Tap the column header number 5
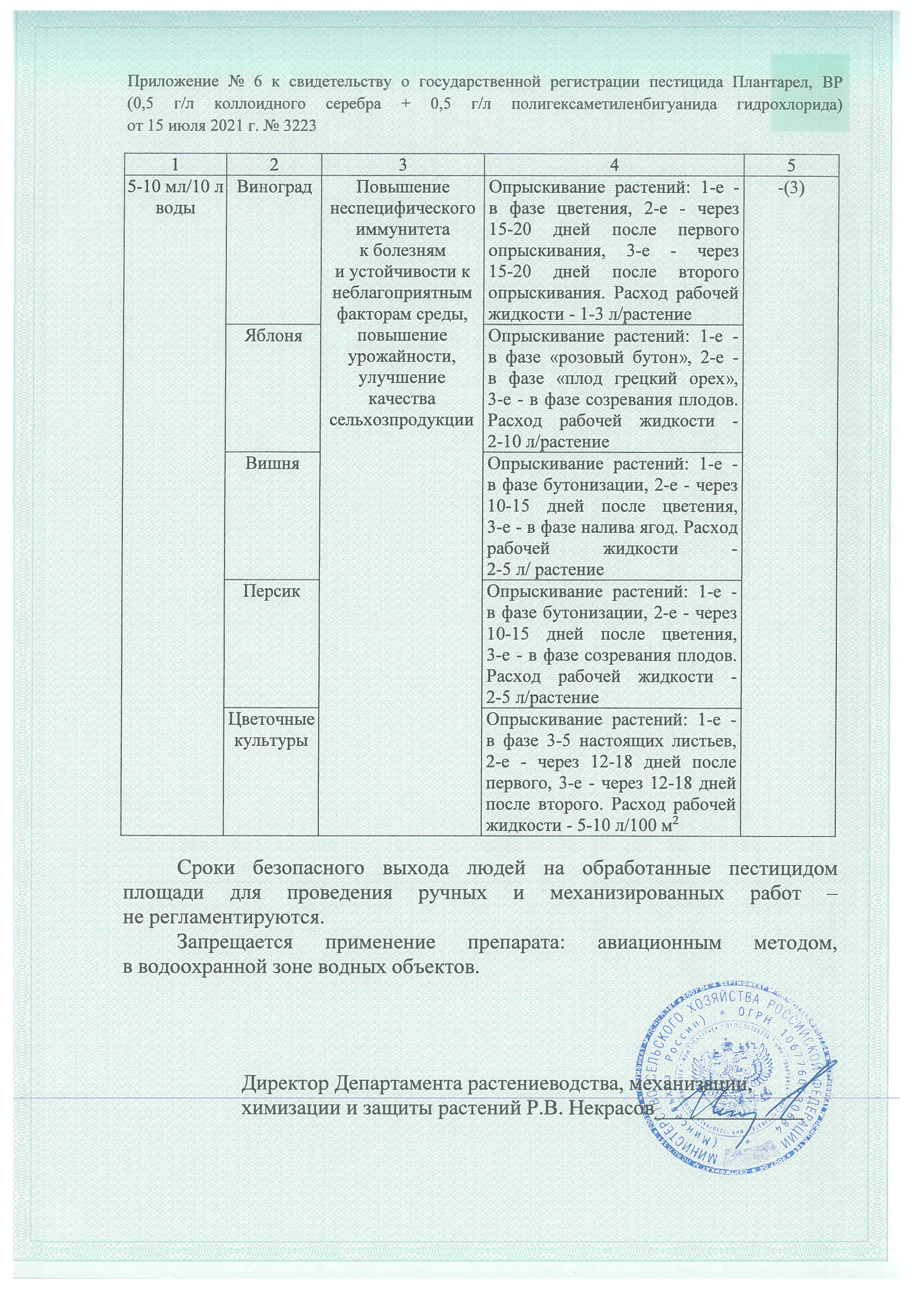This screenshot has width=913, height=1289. pos(791,165)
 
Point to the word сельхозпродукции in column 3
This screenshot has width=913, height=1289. pos(401,420)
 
